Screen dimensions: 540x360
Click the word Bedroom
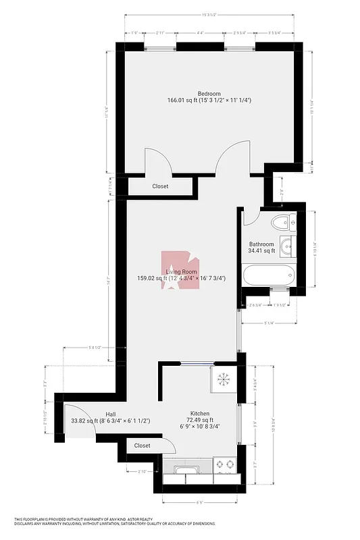tap(209, 93)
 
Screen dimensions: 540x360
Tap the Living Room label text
tap(181, 271)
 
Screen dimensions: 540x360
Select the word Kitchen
tap(199, 413)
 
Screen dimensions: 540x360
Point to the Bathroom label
tap(261, 244)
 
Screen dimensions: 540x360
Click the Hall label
tap(111, 414)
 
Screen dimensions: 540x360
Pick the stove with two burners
tap(224, 465)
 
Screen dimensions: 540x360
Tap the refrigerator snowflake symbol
tap(222, 379)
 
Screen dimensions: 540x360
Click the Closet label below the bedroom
tap(160, 186)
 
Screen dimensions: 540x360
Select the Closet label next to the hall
tap(142, 446)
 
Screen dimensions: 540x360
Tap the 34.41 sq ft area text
tap(261, 251)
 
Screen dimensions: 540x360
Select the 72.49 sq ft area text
tap(199, 420)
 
